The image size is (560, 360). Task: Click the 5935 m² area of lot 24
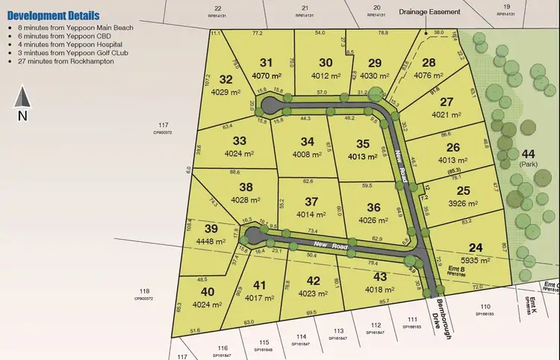(475, 261)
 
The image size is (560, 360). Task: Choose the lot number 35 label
(364, 144)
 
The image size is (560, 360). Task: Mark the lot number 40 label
(207, 292)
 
